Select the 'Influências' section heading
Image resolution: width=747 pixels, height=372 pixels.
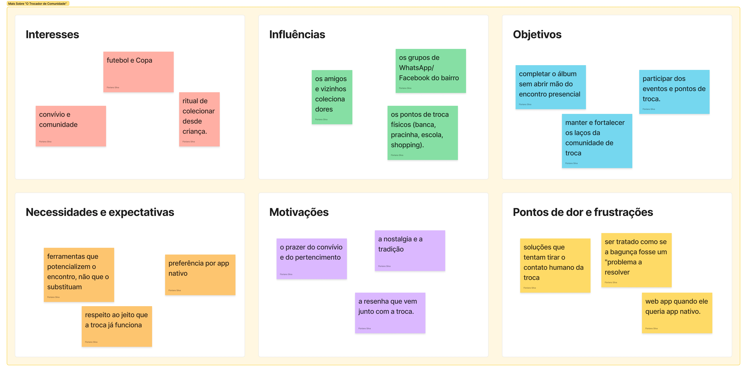click(x=297, y=35)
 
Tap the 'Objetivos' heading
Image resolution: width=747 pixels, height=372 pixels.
click(x=537, y=35)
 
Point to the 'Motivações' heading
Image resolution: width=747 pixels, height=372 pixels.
click(x=299, y=212)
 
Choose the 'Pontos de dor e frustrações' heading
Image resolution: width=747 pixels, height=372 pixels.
click(x=583, y=212)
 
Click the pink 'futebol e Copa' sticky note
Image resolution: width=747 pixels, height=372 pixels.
click(x=138, y=72)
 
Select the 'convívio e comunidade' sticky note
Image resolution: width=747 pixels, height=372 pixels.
click(x=71, y=126)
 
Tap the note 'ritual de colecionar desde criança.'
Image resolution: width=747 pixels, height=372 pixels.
click(x=199, y=119)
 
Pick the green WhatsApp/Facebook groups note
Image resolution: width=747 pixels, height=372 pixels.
click(x=431, y=71)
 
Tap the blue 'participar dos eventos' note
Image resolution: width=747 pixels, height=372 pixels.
click(x=674, y=92)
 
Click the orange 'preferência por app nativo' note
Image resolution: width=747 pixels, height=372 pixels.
click(x=200, y=275)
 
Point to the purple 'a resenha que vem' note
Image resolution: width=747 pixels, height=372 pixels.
click(x=390, y=313)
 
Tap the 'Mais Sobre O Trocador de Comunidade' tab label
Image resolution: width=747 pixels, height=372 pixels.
click(x=38, y=3)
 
